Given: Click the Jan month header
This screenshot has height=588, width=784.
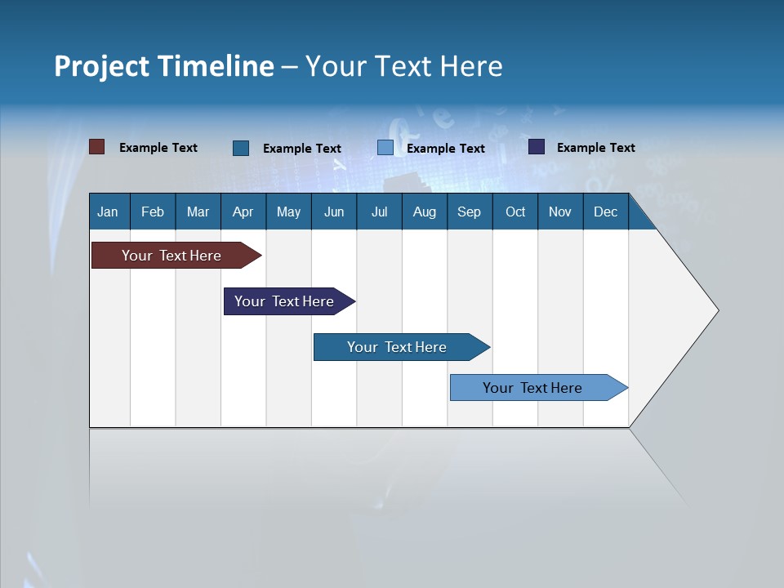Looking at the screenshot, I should tap(108, 212).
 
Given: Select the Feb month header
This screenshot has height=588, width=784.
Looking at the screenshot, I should tap(153, 212).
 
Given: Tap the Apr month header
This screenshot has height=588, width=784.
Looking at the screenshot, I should tap(243, 212).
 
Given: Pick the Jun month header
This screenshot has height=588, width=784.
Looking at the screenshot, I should tap(334, 212).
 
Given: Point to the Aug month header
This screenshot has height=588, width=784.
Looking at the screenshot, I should tap(424, 212).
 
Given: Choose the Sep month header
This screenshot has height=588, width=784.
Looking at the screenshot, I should tap(469, 212).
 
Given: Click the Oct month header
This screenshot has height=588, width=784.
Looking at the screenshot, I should tap(515, 212).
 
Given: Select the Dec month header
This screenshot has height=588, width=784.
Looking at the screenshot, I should tap(605, 212).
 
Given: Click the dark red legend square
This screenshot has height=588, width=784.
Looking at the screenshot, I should tap(96, 147).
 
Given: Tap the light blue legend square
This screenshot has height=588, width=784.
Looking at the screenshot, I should tap(385, 148).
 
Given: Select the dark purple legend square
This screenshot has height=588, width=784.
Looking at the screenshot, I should tap(537, 147).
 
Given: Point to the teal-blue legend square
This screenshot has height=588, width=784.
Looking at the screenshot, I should tap(241, 148).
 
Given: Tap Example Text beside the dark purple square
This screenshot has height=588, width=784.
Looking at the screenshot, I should tap(595, 148).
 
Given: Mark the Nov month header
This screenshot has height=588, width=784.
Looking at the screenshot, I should tap(559, 212).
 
